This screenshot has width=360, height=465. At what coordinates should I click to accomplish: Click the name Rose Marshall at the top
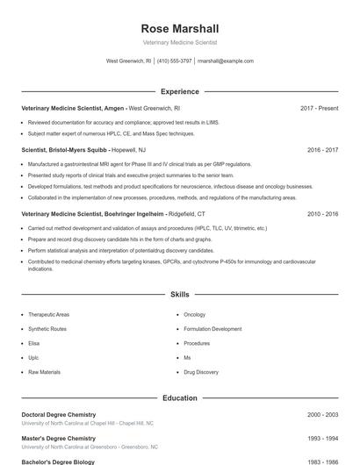click(x=179, y=27)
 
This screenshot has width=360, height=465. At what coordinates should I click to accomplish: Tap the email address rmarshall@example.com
click(x=226, y=61)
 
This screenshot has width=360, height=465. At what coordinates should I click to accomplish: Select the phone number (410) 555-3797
click(x=175, y=61)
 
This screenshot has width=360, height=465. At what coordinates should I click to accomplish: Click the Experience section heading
click(x=179, y=91)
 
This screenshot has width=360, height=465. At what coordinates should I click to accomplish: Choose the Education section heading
click(x=179, y=397)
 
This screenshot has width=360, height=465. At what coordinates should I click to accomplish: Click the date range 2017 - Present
click(x=319, y=108)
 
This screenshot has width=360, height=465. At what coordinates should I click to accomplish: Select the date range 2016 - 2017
click(x=322, y=150)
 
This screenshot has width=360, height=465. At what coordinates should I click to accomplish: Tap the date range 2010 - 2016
click(x=322, y=213)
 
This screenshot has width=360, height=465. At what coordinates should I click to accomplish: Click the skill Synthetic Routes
click(x=47, y=328)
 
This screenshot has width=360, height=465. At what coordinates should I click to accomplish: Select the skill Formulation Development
click(x=212, y=328)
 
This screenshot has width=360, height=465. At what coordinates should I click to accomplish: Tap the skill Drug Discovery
click(x=201, y=372)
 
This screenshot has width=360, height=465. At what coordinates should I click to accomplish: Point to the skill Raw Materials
click(x=44, y=372)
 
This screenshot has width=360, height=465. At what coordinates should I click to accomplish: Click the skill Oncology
click(x=194, y=314)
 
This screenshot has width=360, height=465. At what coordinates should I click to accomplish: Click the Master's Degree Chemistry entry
click(x=58, y=438)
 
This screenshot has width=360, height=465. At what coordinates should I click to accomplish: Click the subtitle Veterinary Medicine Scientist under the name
click(x=179, y=42)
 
